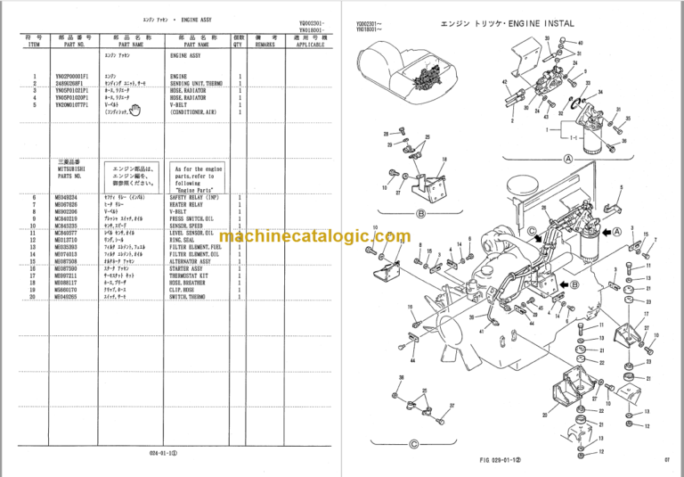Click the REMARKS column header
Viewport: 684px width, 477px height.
pos(265,41)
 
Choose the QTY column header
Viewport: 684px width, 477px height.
pos(238,41)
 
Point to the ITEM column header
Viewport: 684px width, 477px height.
pos(34,41)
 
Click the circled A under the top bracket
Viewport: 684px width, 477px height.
pos(566,158)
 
